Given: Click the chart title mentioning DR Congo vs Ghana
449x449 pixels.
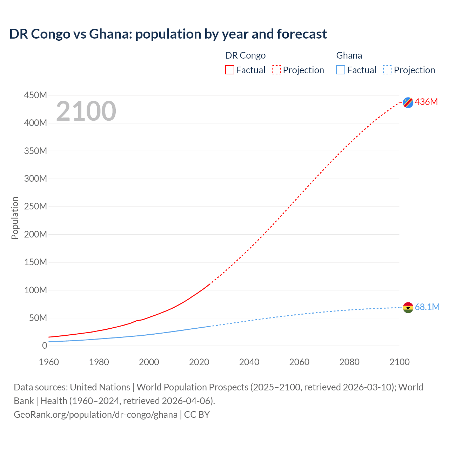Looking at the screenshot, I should (x=168, y=34).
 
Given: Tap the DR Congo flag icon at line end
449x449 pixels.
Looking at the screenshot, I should (x=408, y=102).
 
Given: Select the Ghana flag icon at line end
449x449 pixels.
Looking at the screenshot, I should (x=408, y=308).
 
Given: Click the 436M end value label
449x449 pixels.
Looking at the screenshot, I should (x=426, y=102).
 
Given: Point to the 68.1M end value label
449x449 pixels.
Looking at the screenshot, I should (x=427, y=307).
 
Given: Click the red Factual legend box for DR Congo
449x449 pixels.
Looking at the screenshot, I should (x=230, y=70).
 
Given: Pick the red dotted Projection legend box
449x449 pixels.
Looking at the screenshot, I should (x=276, y=70).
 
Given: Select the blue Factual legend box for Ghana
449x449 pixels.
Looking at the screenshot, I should (x=341, y=70).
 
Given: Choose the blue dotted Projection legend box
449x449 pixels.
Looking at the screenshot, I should (x=388, y=70).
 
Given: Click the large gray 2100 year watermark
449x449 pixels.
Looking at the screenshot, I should (x=86, y=111).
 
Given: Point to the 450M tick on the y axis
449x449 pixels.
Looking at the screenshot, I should (x=35, y=95).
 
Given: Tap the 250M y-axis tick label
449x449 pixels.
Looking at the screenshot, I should (x=35, y=206).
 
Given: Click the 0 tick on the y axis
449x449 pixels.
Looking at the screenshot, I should (x=45, y=346).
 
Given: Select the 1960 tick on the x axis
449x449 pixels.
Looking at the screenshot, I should (x=49, y=362).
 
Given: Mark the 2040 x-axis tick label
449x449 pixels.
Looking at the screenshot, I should (x=249, y=362).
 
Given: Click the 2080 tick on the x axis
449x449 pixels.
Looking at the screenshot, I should (x=349, y=362).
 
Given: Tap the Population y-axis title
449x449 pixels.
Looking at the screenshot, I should (x=15, y=218).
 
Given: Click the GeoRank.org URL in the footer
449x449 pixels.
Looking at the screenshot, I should (x=95, y=415).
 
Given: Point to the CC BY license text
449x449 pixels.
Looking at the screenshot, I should (x=197, y=415).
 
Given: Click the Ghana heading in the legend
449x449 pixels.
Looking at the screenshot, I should (x=349, y=55).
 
